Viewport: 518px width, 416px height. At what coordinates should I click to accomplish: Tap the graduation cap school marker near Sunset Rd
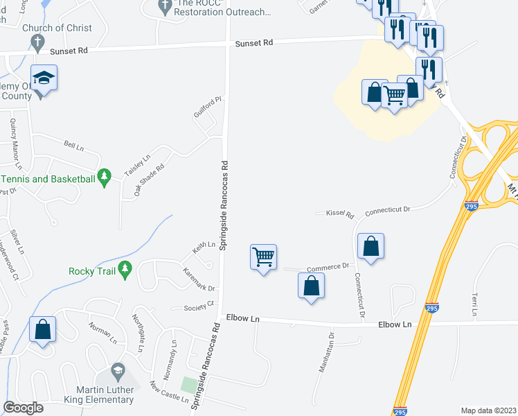coord(44,78)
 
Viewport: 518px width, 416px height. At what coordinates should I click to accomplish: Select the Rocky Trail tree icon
coord(125,270)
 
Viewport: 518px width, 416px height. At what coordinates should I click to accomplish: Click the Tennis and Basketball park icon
coord(105,178)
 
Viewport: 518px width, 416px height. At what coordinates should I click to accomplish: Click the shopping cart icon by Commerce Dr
coord(263,257)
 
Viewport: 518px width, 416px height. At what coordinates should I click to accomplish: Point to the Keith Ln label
coord(204,244)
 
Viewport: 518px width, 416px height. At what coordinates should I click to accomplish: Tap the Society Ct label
coord(199,308)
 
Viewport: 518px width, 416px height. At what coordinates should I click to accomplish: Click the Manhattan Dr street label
coord(326,354)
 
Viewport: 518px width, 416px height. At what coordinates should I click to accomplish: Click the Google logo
coord(23,408)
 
